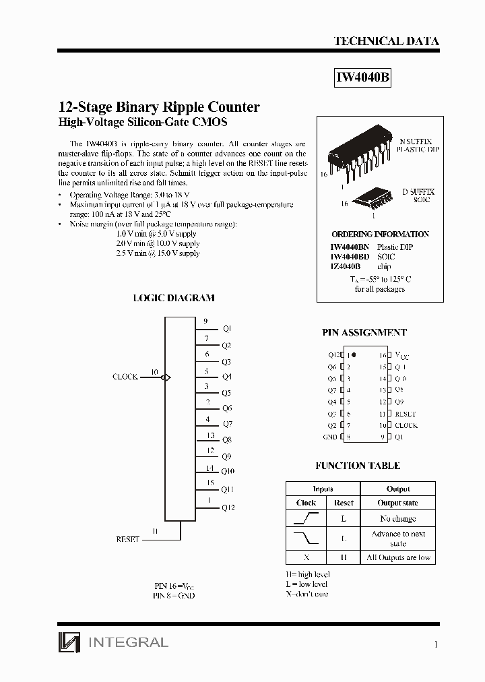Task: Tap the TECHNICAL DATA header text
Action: tap(386, 41)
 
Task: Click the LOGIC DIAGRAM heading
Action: tap(174, 298)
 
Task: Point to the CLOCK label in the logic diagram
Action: tap(125, 377)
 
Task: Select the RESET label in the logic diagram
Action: tap(127, 539)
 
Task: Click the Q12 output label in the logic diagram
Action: tap(228, 507)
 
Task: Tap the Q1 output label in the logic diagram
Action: tap(226, 328)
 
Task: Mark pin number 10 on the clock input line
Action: tap(154, 372)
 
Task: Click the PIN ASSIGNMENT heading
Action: tap(364, 333)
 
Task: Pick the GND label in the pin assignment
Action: tap(330, 437)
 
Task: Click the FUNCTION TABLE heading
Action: tap(358, 466)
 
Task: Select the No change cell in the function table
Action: tap(397, 518)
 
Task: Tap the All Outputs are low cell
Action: tap(397, 557)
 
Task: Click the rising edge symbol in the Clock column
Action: tap(306, 518)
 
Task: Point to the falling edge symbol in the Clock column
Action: tap(306, 538)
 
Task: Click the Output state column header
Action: tap(397, 503)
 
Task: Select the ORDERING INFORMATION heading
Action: tap(380, 235)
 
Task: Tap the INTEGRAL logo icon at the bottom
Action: tap(69, 642)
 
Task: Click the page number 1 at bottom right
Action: tap(436, 644)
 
